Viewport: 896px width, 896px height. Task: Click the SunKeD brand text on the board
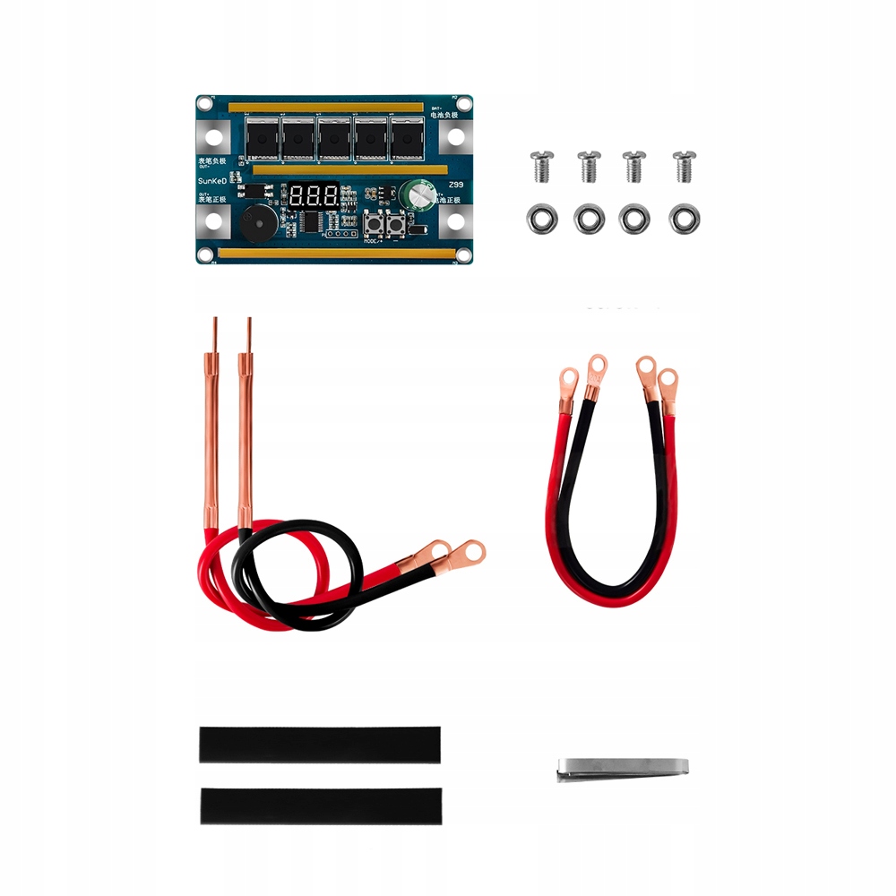[216, 182]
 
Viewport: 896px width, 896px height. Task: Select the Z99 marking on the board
[454, 184]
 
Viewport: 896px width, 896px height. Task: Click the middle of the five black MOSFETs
[335, 140]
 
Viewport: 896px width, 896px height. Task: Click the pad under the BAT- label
[455, 137]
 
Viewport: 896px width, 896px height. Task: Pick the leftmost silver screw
[539, 166]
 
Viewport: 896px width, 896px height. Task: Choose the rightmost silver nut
[683, 218]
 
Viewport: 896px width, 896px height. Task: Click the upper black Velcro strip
[320, 745]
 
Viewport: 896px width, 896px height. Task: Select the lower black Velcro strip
[320, 806]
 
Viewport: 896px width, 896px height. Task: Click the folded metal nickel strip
[622, 768]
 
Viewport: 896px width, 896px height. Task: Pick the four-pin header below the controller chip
[338, 234]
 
